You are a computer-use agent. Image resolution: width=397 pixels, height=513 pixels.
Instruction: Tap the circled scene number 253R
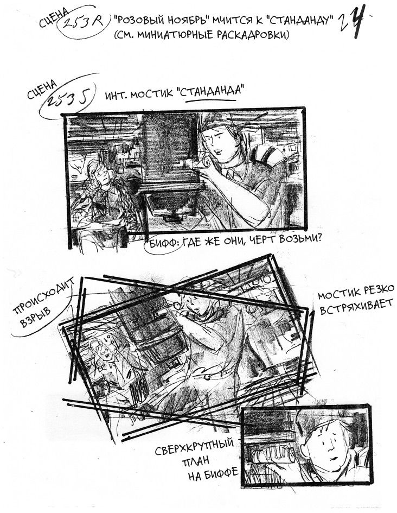(x=82, y=22)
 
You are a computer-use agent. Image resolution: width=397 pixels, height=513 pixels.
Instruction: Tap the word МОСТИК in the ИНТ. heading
(x=152, y=94)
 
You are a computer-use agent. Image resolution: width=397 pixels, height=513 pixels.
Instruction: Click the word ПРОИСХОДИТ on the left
(x=43, y=296)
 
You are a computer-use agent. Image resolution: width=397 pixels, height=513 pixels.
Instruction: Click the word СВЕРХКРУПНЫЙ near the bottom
(x=194, y=447)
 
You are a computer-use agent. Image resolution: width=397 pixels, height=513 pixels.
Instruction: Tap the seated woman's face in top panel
(x=101, y=173)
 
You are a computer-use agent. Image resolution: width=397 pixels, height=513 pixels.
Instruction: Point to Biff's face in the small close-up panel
(x=325, y=444)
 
